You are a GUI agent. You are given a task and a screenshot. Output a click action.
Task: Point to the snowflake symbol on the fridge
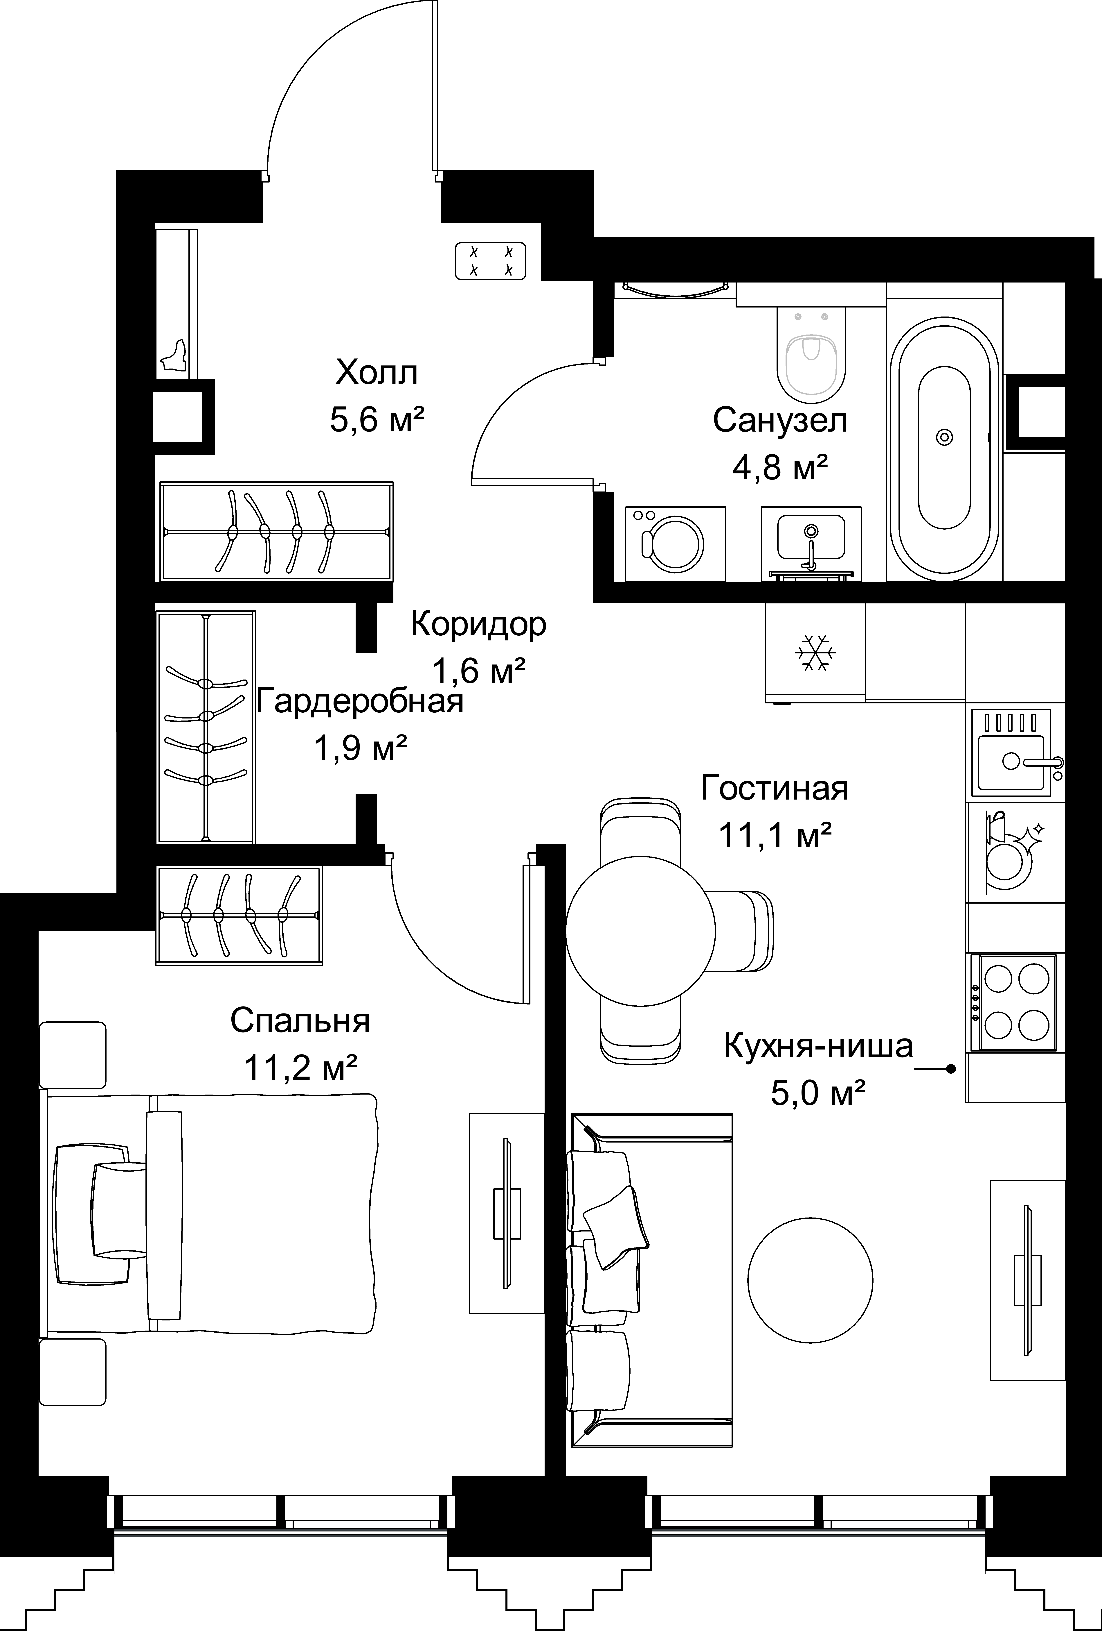pyautogui.click(x=815, y=653)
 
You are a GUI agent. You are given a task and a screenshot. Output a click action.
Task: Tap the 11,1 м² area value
pyautogui.click(x=775, y=836)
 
